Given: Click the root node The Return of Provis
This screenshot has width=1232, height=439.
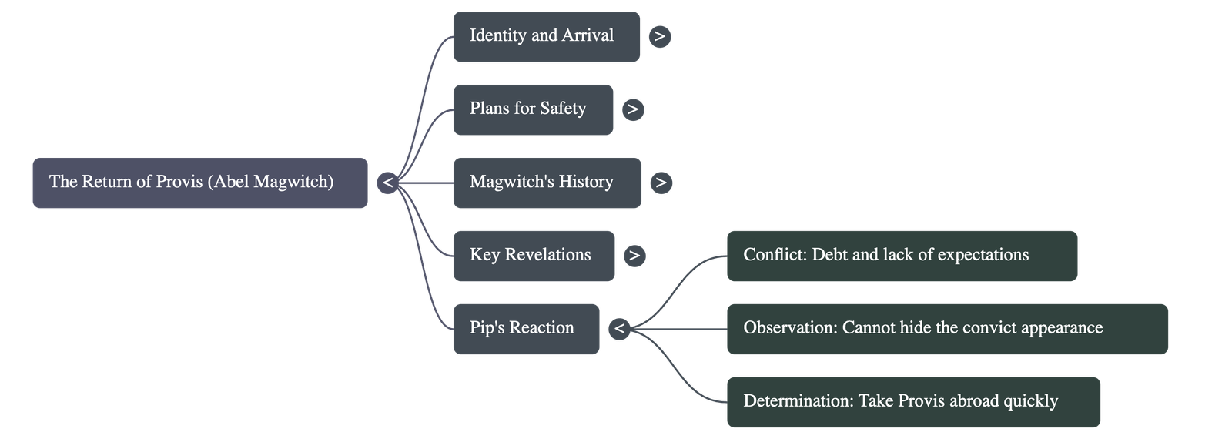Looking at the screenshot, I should pyautogui.click(x=199, y=183).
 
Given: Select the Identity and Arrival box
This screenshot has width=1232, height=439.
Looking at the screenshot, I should pyautogui.click(x=546, y=36).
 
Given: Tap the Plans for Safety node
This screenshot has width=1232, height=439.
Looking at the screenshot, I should pyautogui.click(x=533, y=109).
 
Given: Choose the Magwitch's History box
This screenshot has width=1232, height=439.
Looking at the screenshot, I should pyautogui.click(x=547, y=183).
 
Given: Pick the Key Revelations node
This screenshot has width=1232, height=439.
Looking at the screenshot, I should pyautogui.click(x=534, y=256).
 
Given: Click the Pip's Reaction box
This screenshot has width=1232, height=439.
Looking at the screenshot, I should pyautogui.click(x=526, y=329).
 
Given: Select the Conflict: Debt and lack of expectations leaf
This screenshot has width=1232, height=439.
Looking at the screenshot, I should pyautogui.click(x=901, y=256).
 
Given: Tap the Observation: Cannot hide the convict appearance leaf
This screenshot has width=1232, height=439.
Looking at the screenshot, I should pyautogui.click(x=946, y=329).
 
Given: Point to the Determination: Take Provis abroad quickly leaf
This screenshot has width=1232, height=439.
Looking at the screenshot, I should pyautogui.click(x=912, y=402).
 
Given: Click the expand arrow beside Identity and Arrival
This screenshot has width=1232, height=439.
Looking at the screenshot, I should pyautogui.click(x=659, y=36).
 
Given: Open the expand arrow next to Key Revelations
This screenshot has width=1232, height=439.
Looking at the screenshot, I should pyautogui.click(x=634, y=256).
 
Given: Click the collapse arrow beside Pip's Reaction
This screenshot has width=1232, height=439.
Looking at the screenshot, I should pyautogui.click(x=619, y=329).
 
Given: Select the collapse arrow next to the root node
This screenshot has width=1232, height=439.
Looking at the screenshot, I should pyautogui.click(x=387, y=183).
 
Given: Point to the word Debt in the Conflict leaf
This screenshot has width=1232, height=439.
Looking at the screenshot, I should pyautogui.click(x=829, y=255).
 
